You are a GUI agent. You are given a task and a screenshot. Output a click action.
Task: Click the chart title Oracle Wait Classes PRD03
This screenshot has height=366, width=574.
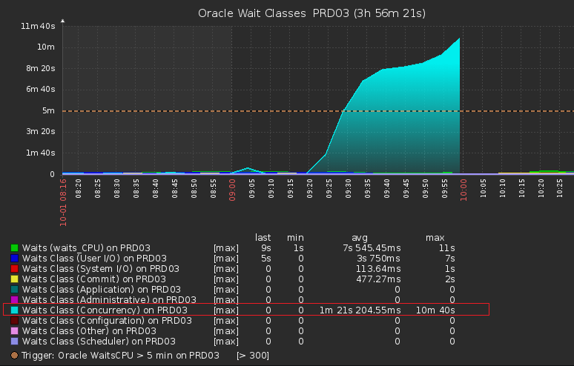pos(311,13)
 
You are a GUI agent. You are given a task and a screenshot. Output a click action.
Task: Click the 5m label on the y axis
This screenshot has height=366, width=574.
pos(48,111)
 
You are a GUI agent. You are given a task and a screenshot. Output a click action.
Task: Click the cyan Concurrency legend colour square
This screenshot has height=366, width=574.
pos(14,310)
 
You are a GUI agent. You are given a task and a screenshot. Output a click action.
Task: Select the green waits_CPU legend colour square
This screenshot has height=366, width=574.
pos(14,247)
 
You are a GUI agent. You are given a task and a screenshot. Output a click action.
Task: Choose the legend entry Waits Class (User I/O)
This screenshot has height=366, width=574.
pos(96,258)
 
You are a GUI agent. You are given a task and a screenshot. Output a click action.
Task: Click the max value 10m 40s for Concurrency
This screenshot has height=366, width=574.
pos(435,310)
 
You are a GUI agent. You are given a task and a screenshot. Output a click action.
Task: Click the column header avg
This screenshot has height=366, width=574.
pos(359,237)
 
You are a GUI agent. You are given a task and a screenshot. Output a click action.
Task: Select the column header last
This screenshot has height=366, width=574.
pos(263,237)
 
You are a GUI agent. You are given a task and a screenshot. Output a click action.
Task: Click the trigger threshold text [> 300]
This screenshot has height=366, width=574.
pos(252,356)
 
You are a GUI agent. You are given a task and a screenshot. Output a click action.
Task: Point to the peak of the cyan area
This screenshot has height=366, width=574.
pos(460,39)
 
